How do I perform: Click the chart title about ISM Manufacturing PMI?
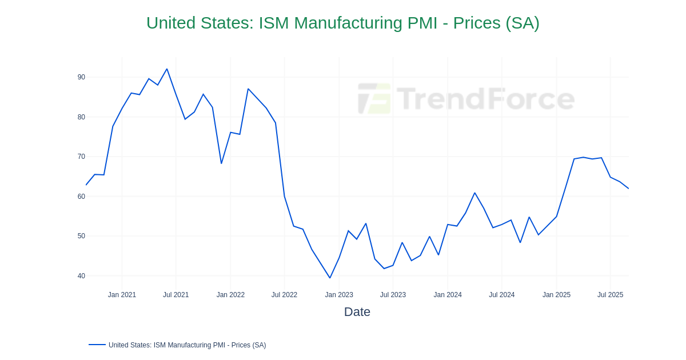click(342, 23)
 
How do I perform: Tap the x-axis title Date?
click(357, 312)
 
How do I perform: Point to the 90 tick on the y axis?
click(81, 77)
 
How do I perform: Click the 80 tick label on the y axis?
click(81, 117)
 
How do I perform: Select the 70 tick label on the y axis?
click(81, 157)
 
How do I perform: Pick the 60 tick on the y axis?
click(81, 197)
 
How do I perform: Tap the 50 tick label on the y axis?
click(81, 236)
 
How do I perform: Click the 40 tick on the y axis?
click(81, 276)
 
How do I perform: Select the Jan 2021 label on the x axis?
click(122, 295)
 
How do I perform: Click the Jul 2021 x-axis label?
click(176, 295)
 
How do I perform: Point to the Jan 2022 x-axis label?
click(230, 295)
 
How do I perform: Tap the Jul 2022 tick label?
click(284, 295)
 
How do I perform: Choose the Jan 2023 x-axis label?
click(339, 295)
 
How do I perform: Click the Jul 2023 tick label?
click(393, 295)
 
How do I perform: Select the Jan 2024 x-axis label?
click(448, 295)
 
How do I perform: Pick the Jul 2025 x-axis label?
click(610, 295)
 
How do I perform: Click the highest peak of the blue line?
click(167, 69)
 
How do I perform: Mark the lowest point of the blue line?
click(330, 278)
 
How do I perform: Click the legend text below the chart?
click(187, 345)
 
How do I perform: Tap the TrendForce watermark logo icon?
click(374, 98)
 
